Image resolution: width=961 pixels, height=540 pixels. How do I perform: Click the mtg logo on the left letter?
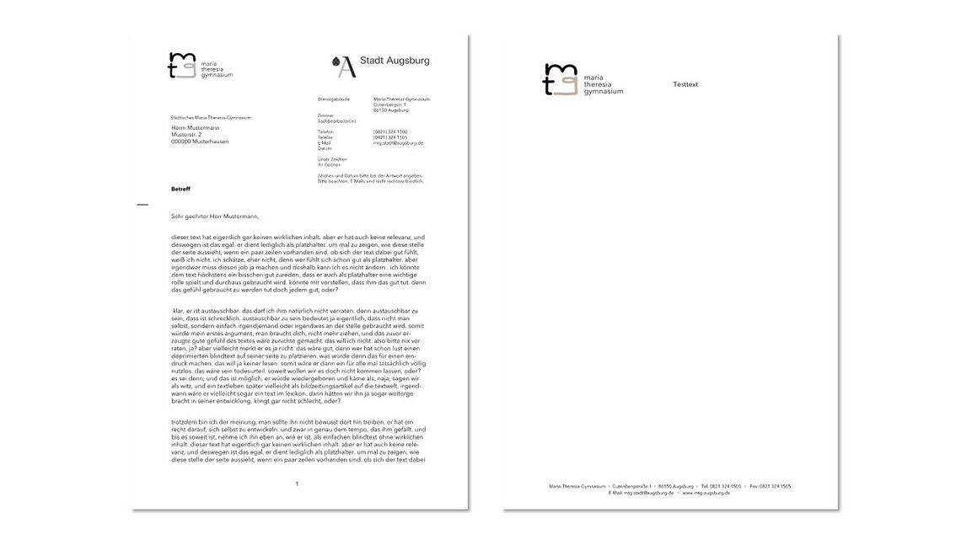coord(181,65)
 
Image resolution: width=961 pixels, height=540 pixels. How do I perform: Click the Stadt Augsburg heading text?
coord(395,61)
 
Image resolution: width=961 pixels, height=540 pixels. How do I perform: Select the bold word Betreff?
coord(181,189)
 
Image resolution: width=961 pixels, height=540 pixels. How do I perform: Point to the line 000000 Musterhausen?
coord(200,141)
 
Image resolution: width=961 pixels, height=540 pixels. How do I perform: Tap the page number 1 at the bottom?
coord(297,484)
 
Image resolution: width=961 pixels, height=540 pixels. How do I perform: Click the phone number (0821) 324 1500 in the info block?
coord(390,132)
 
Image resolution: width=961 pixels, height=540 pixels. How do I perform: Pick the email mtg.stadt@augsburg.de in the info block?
coord(398,143)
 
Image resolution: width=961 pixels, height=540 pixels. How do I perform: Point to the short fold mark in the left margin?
coord(142,205)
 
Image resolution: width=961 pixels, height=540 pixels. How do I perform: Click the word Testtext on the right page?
coord(685,84)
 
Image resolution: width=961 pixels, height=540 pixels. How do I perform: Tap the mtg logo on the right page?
coord(561,80)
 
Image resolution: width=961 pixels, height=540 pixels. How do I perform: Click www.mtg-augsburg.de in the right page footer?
coord(706,493)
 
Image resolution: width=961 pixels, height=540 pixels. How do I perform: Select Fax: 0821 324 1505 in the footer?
coord(770,486)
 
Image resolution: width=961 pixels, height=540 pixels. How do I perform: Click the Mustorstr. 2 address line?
coord(186,134)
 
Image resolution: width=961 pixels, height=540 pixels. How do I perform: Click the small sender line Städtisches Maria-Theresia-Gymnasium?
coord(211,118)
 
